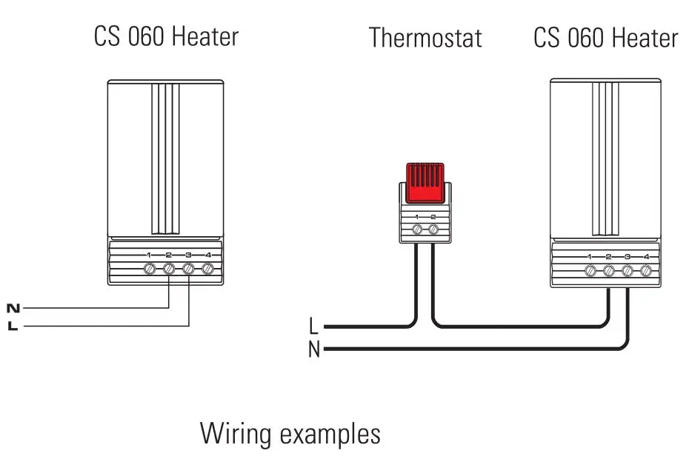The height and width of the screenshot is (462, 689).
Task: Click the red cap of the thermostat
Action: coord(424,182)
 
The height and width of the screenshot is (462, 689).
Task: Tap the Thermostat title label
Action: coord(425,37)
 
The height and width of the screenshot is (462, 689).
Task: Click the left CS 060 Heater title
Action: coord(166,36)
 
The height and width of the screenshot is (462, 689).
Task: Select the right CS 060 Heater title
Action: coord(605,38)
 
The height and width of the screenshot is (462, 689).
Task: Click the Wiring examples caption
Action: coord(290,433)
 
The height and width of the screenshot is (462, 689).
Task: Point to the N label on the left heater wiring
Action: coord(13,307)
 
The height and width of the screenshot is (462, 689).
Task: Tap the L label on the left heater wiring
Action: coord(13,326)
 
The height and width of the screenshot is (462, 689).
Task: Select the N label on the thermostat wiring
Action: coord(314,349)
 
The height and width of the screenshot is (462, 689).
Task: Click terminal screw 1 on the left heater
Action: coord(149,269)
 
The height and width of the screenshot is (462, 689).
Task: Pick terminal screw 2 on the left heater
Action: coord(169,269)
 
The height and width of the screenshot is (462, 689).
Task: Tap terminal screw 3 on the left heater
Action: coord(188,269)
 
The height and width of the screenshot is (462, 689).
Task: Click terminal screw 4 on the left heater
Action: coord(208,269)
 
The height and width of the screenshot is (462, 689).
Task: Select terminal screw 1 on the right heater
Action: coord(590,271)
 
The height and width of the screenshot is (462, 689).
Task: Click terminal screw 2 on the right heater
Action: coord(609,271)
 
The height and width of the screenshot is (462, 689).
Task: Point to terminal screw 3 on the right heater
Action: coord(628,271)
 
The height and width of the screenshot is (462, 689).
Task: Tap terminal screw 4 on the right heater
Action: coord(646,271)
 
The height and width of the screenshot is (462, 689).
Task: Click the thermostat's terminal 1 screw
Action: coord(416,230)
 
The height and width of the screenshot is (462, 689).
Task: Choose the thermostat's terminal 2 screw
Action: coord(433,230)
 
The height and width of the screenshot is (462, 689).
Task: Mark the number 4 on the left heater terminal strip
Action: coord(208,255)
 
